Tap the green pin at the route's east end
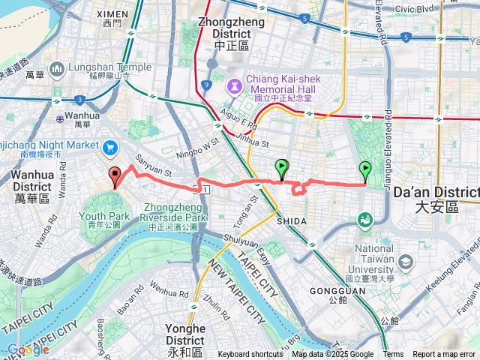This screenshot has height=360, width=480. tap(365, 170)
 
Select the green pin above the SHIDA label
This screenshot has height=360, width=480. tap(281, 168)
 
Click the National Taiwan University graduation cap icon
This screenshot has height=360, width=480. tap(406, 262)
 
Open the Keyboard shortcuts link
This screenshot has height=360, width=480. tap(250, 355)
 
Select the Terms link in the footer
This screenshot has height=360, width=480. tap(393, 355)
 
